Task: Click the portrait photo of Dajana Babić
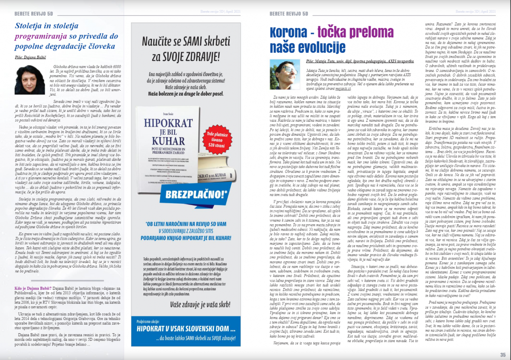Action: point(29,80)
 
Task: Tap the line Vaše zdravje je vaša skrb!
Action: point(184,305)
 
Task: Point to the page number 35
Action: point(502,354)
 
